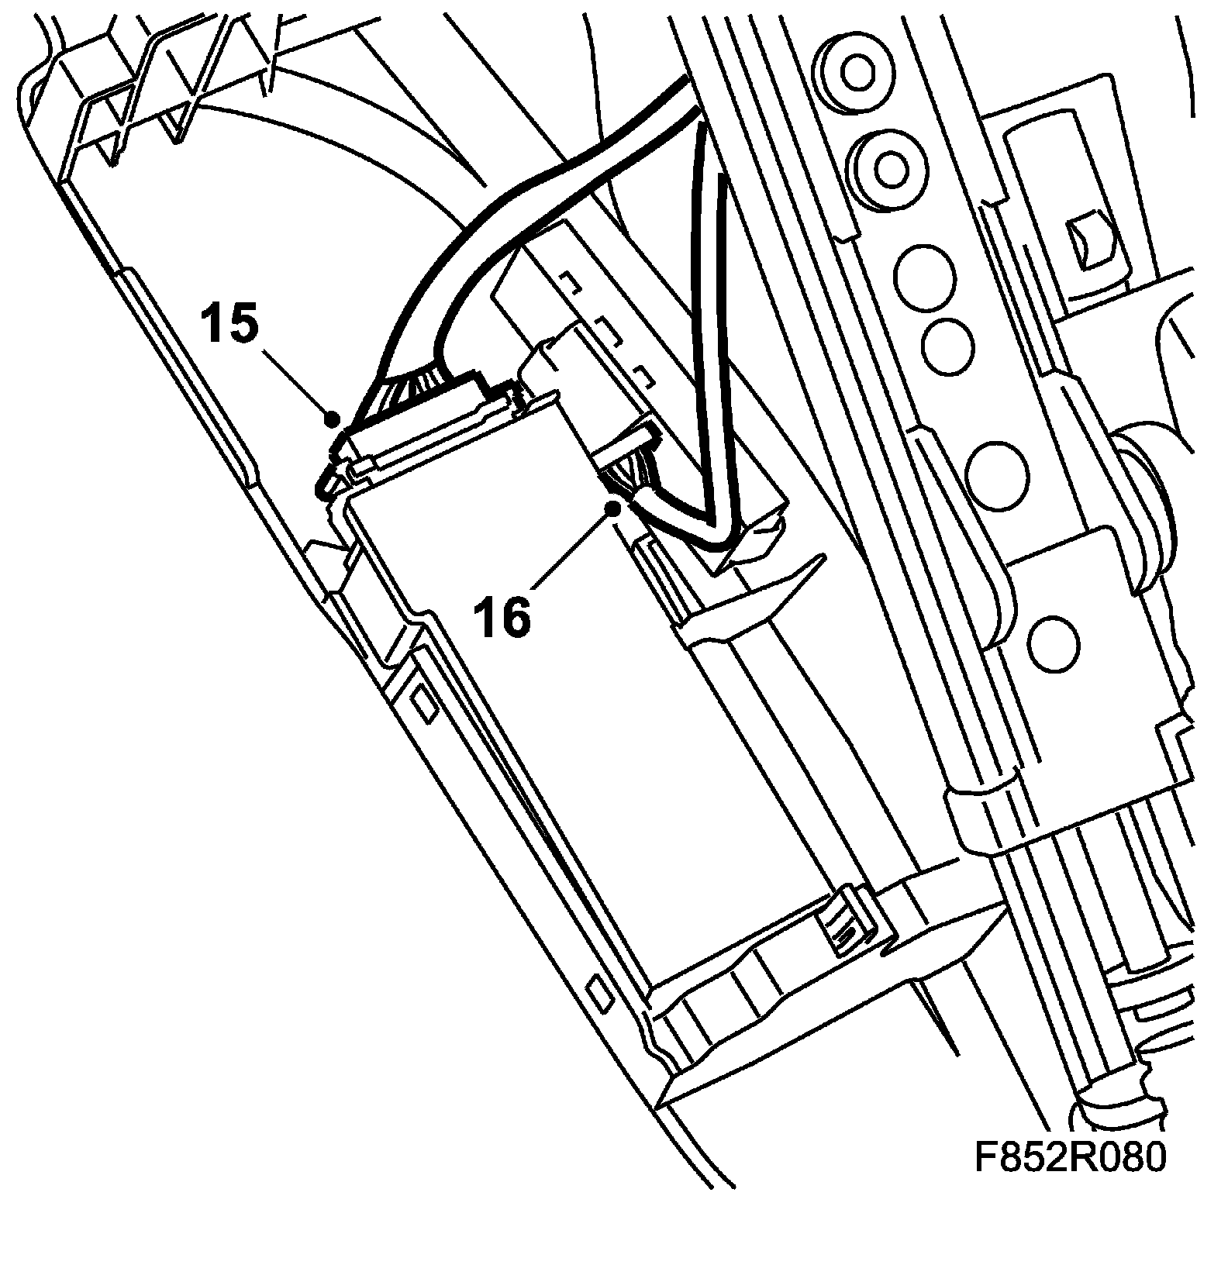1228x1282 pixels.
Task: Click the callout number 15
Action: pos(230,323)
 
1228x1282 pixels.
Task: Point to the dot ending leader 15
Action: pos(333,419)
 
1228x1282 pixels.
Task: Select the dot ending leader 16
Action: pos(613,508)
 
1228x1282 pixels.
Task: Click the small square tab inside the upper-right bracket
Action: pos(1087,239)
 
